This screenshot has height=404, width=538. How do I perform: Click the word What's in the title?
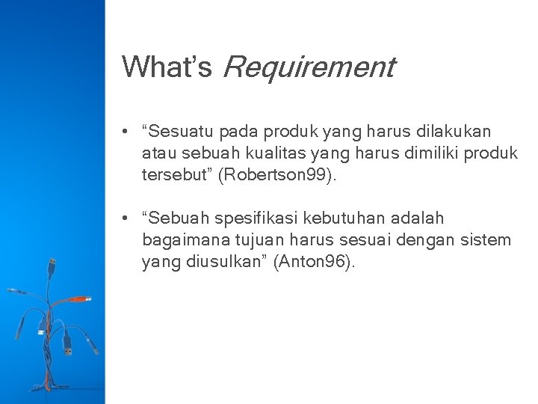pos(167,67)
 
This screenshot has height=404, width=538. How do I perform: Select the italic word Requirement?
pos(308,68)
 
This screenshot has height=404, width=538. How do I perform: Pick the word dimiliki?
pos(421,153)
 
